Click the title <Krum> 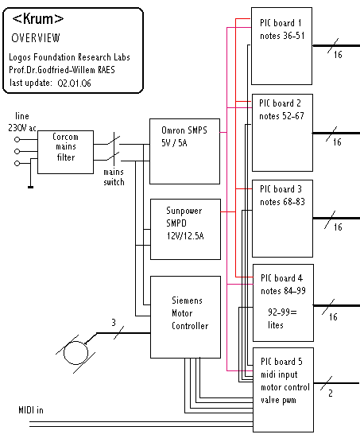click(38, 19)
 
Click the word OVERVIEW click(36, 38)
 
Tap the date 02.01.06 click(75, 83)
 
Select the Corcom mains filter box click(66, 152)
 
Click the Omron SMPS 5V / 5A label click(184, 137)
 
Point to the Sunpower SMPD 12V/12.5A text click(185, 223)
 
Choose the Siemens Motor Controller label click(190, 313)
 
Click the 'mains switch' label click(114, 177)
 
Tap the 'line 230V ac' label click(22, 122)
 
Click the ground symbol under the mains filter click(30, 187)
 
